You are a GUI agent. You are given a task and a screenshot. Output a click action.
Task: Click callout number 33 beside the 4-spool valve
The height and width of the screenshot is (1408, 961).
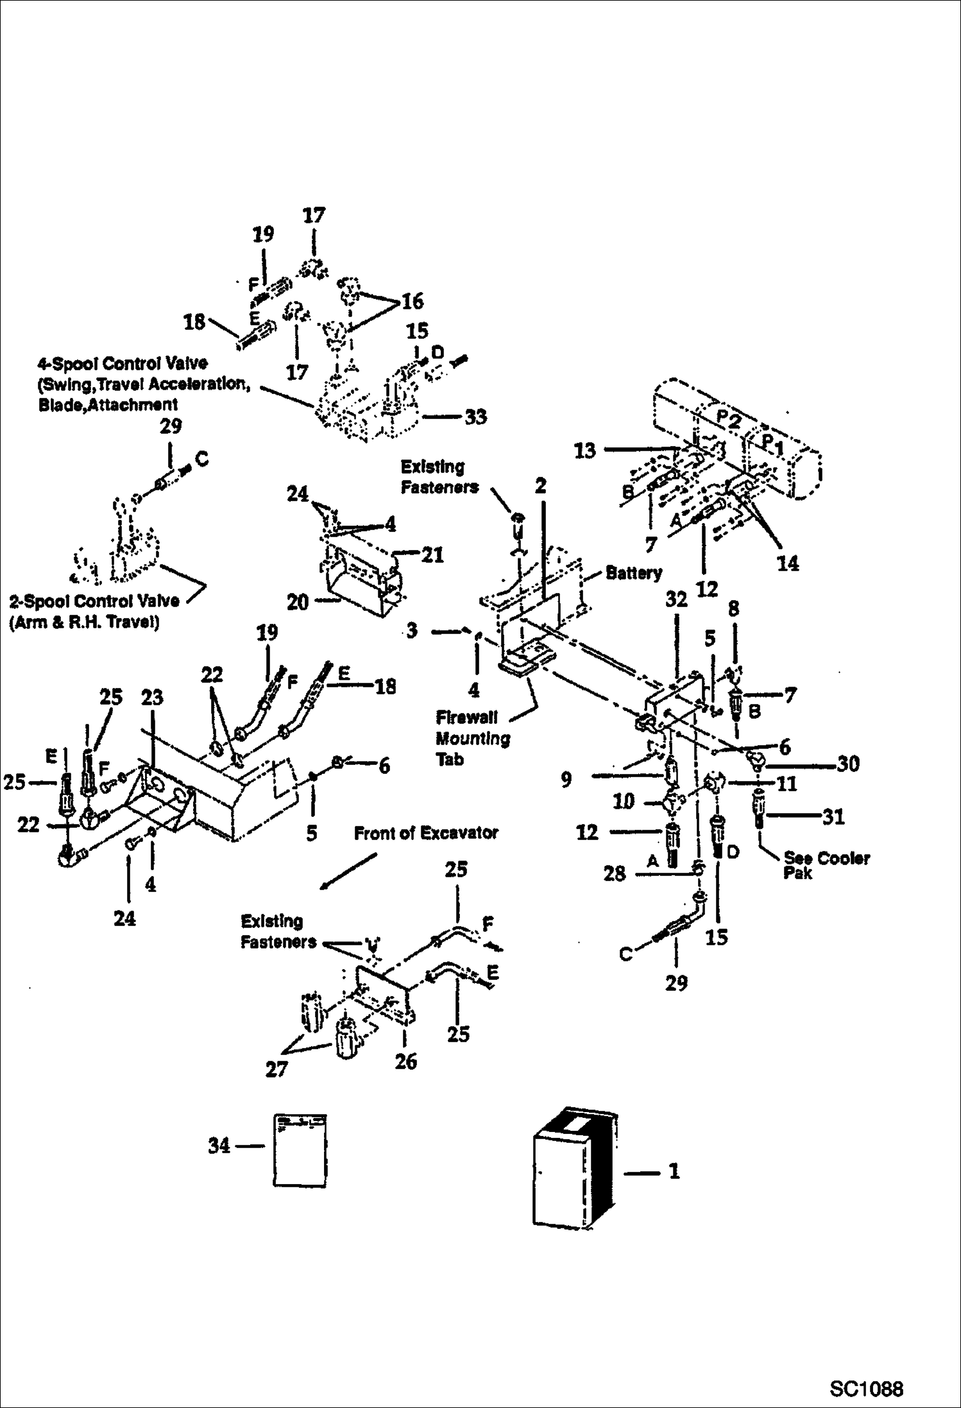(475, 417)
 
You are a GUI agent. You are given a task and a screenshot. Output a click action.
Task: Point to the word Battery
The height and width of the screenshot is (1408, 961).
(633, 572)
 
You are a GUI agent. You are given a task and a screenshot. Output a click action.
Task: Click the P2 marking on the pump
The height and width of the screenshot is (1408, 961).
(728, 420)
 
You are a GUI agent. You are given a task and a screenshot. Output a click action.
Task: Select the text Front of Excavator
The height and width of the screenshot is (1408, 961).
(426, 833)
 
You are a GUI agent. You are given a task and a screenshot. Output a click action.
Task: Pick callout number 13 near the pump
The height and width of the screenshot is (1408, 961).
(584, 451)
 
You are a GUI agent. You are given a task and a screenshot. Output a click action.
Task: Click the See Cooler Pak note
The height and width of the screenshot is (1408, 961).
(826, 865)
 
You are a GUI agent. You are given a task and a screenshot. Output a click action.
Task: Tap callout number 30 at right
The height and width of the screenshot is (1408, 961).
(848, 764)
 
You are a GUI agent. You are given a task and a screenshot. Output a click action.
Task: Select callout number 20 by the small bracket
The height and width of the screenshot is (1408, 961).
(297, 602)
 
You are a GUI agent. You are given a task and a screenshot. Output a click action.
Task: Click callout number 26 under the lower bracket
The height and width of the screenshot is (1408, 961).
(405, 1061)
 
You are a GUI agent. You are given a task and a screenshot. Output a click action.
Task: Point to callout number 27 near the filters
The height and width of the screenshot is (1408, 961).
(276, 1069)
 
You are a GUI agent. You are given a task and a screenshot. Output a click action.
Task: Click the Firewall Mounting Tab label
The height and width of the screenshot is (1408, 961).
(472, 738)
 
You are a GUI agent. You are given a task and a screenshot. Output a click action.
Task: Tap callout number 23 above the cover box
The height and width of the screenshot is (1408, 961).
(152, 698)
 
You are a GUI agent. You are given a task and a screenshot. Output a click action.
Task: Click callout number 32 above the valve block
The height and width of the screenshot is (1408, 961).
(676, 599)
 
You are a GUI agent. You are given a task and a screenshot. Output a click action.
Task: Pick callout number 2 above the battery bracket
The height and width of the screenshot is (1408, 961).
(540, 486)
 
